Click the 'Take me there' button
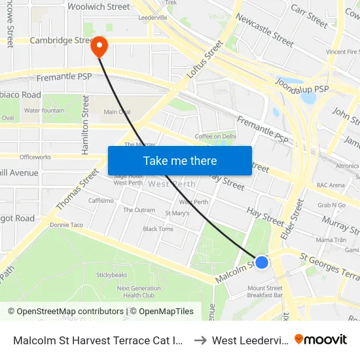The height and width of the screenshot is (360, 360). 180,161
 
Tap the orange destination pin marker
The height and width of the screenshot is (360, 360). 99,45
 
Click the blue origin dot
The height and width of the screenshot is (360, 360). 262,262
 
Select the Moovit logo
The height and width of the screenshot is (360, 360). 321,339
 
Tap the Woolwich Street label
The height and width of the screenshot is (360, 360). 99,7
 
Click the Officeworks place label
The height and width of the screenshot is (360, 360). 35,157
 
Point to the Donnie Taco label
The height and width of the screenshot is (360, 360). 67,225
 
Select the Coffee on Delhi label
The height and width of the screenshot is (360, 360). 215,136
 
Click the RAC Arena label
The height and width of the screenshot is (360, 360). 331,185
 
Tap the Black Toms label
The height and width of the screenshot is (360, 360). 158,229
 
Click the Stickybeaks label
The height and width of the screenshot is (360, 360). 111,275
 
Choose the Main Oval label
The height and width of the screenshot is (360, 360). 117,112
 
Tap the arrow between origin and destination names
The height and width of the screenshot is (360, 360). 200,340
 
